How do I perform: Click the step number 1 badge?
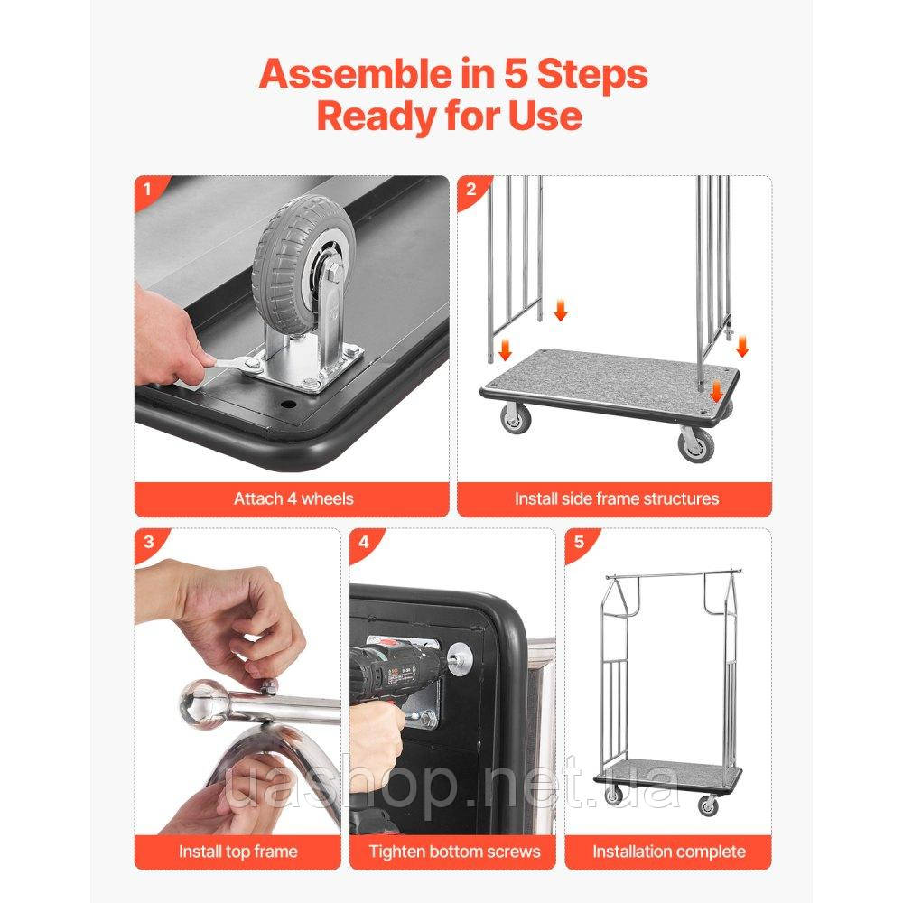point(147,189)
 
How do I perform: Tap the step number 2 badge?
point(470,189)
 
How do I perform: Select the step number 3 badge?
point(149,542)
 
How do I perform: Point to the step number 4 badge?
point(363,542)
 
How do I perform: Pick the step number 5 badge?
point(579,542)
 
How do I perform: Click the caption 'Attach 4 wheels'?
point(293,498)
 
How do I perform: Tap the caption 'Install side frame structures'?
point(616,498)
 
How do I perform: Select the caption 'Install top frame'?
point(237,852)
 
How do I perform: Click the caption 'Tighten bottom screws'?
point(454,852)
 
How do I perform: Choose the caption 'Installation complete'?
point(668,852)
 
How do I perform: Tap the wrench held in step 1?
point(230,365)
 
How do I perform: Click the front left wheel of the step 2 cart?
point(516,417)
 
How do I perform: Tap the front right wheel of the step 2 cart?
point(696,444)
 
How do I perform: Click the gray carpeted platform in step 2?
point(610,381)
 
